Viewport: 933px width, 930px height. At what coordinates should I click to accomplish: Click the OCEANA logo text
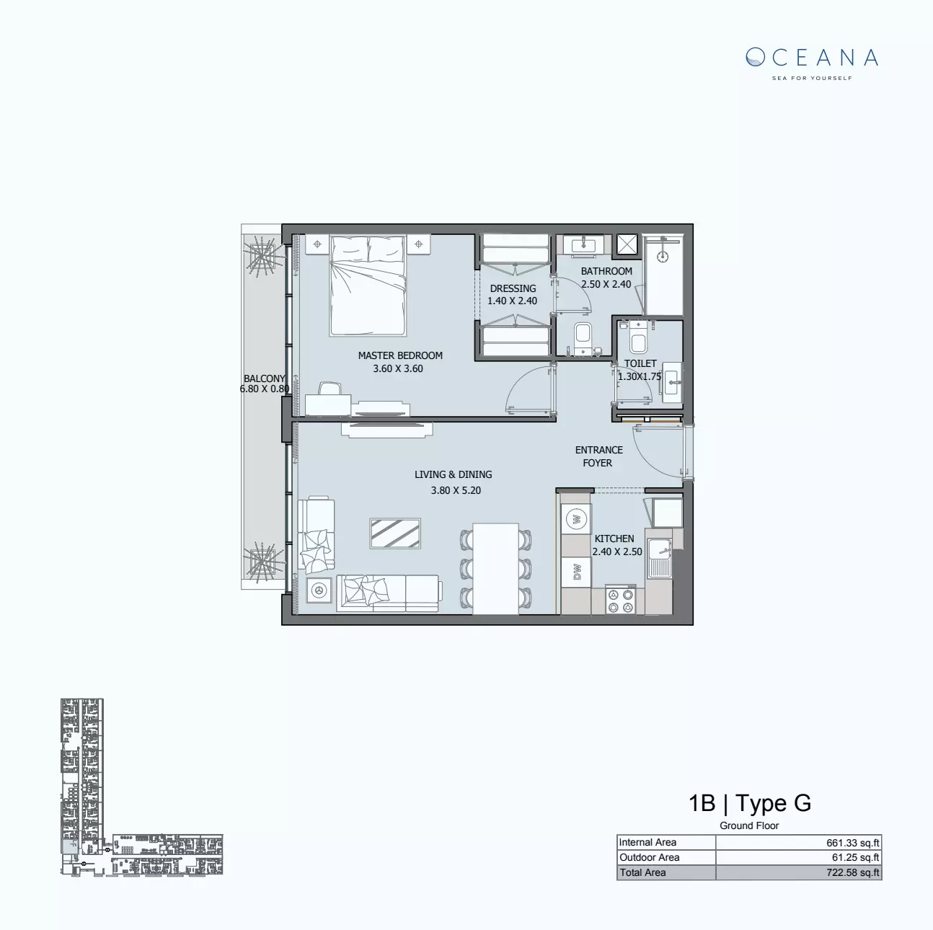pyautogui.click(x=812, y=58)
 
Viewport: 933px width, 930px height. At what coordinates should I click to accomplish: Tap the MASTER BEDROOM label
pyautogui.click(x=400, y=355)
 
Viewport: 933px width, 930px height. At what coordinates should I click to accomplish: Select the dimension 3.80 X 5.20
pyautogui.click(x=456, y=490)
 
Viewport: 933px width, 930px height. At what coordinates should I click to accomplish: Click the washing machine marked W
pyautogui.click(x=576, y=518)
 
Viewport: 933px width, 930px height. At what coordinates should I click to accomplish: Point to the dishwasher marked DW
pyautogui.click(x=576, y=572)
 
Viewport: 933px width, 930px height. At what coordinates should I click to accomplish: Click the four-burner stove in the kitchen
pyautogui.click(x=620, y=601)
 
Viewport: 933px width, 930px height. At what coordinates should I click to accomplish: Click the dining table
pyautogui.click(x=495, y=568)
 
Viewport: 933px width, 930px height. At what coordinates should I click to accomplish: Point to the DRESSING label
pyautogui.click(x=513, y=288)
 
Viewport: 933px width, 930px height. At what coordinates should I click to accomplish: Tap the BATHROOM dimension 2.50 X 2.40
pyautogui.click(x=606, y=284)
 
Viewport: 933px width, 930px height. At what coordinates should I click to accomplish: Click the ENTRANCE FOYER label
pyautogui.click(x=598, y=456)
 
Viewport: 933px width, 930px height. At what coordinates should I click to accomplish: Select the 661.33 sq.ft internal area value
pyautogui.click(x=852, y=843)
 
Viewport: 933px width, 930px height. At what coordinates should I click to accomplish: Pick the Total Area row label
pyautogui.click(x=642, y=873)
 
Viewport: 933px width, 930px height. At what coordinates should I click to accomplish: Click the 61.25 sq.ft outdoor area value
pyautogui.click(x=855, y=858)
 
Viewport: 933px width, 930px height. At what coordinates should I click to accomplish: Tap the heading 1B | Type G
pyautogui.click(x=750, y=803)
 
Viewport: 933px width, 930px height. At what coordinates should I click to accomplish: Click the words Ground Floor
pyautogui.click(x=749, y=826)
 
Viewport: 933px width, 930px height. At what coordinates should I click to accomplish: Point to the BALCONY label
pyautogui.click(x=264, y=378)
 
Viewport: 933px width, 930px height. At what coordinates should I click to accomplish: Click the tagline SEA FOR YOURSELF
pyautogui.click(x=812, y=78)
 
